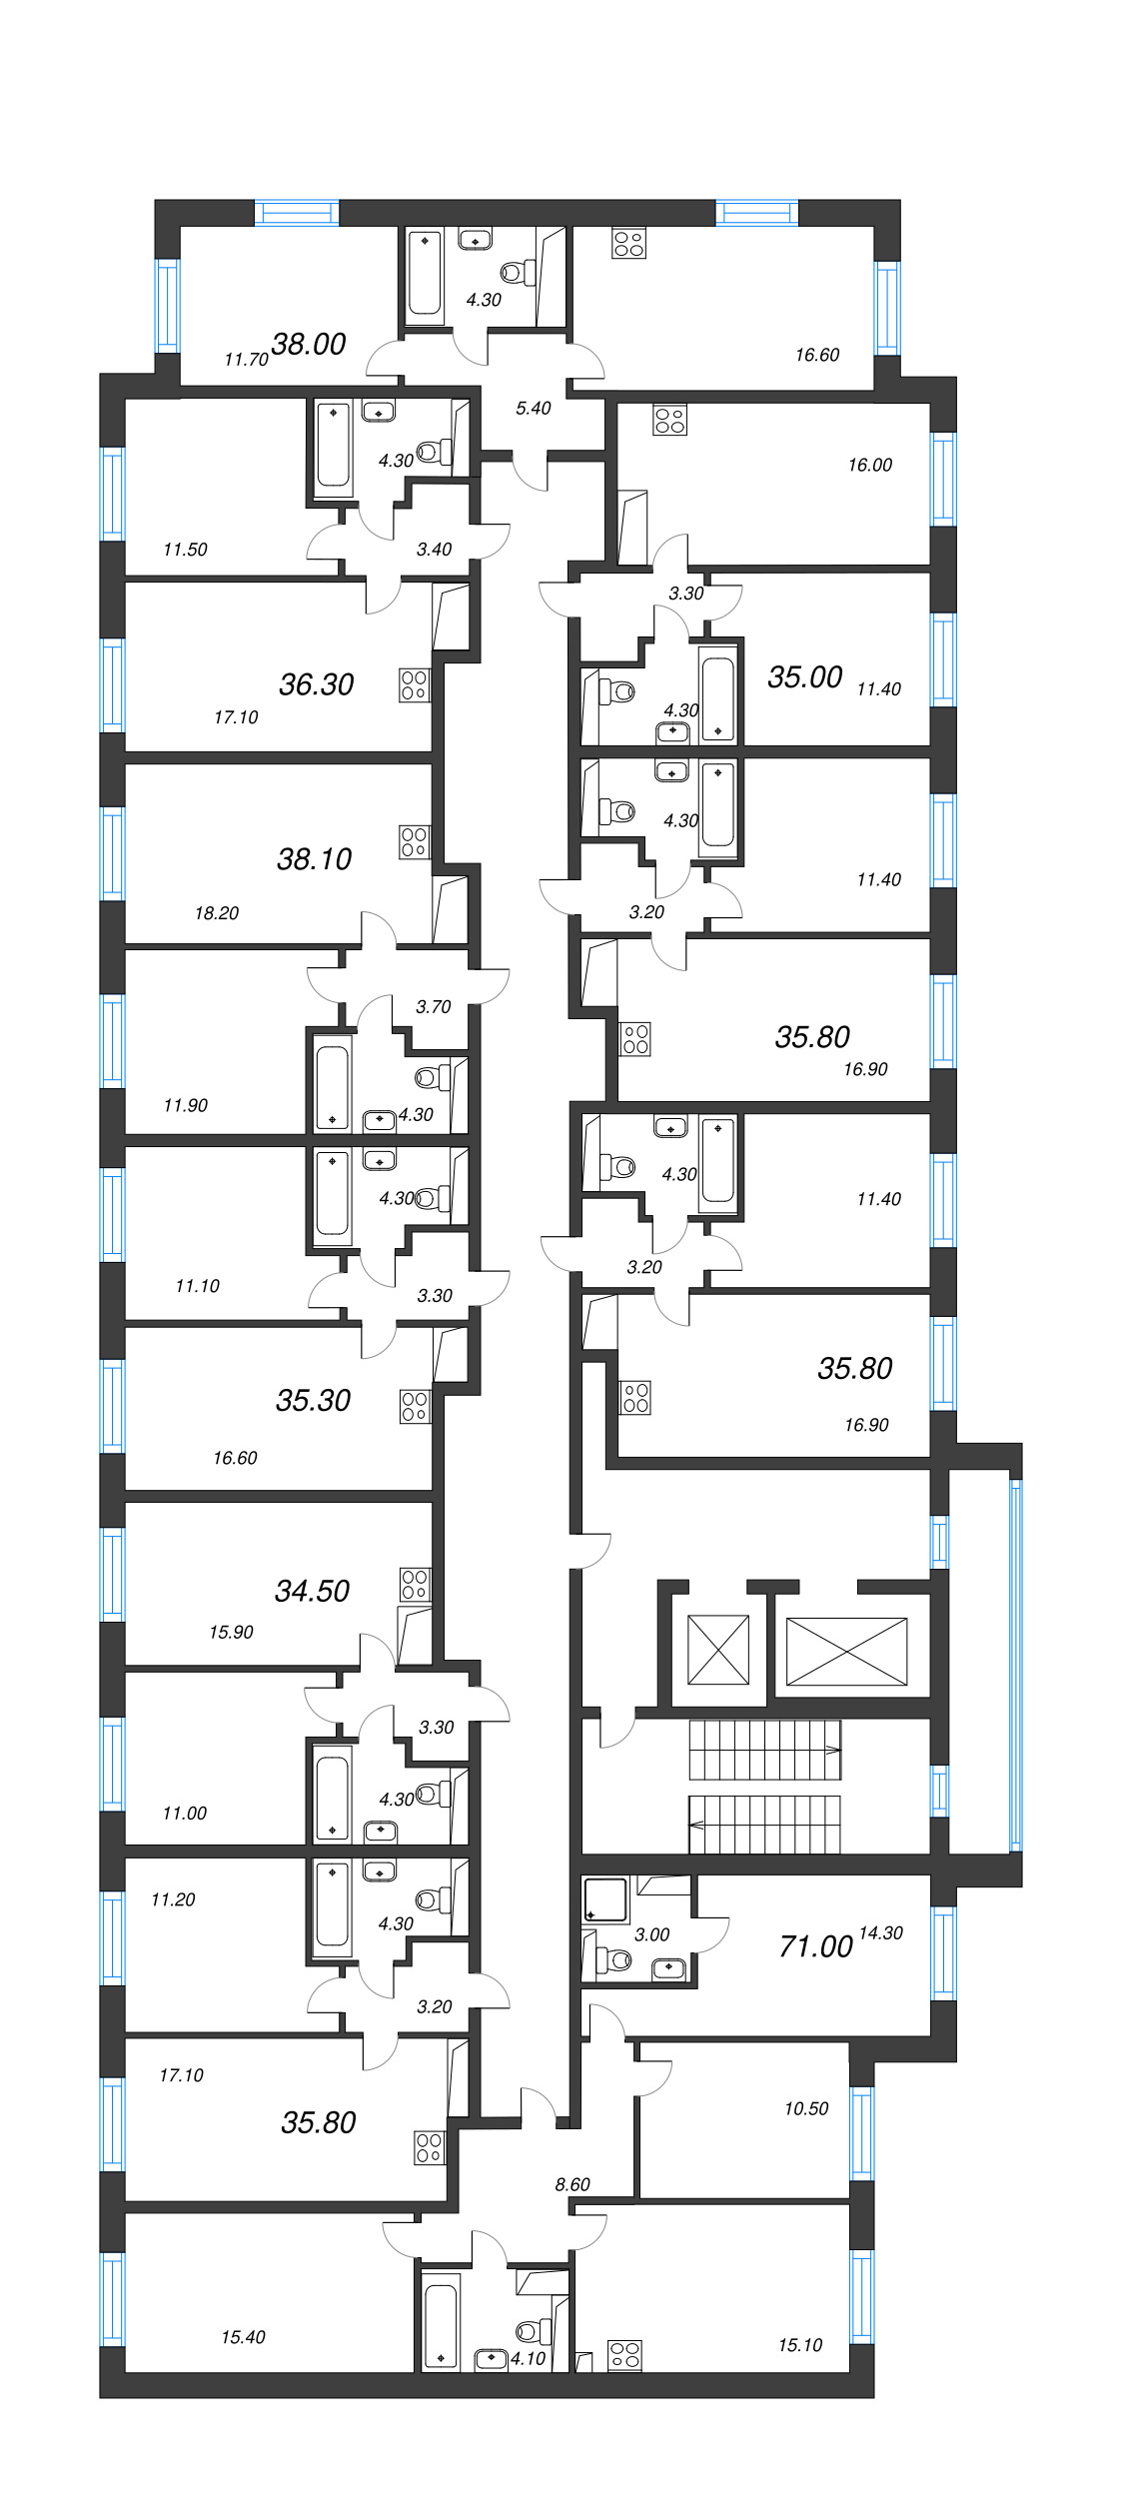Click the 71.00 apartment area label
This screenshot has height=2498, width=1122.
[x=815, y=1946]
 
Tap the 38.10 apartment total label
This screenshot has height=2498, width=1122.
[x=314, y=859]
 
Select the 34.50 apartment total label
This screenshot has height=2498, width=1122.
[x=312, y=1591]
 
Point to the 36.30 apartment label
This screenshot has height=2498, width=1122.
[x=316, y=684]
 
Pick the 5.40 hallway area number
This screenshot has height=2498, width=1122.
[x=533, y=408]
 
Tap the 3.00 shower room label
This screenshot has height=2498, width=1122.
[x=651, y=1934]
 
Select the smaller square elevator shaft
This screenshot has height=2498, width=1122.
[x=718, y=1649]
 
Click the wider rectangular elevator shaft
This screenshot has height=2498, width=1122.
[x=846, y=1652]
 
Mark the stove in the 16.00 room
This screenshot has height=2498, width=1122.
[x=669, y=421]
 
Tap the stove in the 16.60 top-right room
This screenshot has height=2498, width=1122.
[x=629, y=244]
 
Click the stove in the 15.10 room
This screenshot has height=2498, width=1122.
[x=624, y=2355]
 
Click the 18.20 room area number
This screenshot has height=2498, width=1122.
[x=216, y=913]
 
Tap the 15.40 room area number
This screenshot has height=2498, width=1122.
[x=243, y=2337]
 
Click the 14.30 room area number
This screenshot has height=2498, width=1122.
[x=880, y=1933]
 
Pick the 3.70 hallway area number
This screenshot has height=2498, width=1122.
[x=433, y=1007]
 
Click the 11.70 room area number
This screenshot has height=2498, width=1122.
[x=246, y=360]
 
